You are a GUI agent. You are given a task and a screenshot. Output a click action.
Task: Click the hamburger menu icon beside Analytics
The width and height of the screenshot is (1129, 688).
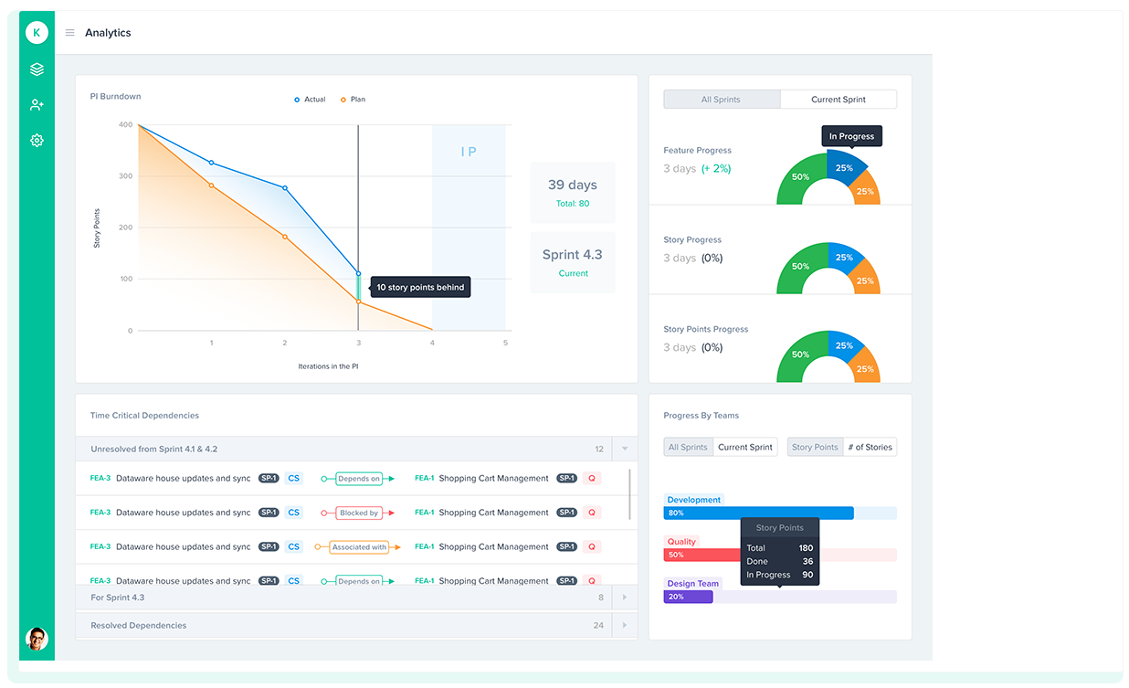coord(69,33)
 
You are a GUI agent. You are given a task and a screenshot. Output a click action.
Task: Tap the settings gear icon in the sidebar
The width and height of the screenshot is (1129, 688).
coord(37,141)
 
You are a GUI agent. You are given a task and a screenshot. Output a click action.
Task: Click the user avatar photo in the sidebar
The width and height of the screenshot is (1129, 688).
coord(37,639)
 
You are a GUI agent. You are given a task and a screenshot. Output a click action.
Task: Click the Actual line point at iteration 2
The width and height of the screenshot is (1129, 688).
coord(285,188)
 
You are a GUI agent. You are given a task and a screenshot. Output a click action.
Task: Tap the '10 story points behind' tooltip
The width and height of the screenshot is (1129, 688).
coord(420,288)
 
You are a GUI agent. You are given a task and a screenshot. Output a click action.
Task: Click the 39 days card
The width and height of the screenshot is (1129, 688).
coord(572,193)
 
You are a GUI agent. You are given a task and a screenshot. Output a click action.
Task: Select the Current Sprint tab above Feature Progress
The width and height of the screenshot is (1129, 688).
coord(838,100)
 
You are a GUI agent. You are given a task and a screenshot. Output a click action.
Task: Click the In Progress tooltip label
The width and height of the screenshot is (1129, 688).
coord(851,137)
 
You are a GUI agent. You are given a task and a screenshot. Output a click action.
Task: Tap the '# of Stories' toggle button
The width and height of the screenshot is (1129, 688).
coord(870,448)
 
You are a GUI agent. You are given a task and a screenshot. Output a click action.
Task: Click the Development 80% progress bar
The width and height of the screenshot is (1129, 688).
coord(758,513)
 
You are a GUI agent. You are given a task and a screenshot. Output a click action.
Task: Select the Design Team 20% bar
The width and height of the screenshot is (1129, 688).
coord(688,597)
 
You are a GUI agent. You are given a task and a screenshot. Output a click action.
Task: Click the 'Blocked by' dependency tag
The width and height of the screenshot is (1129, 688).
coord(358,513)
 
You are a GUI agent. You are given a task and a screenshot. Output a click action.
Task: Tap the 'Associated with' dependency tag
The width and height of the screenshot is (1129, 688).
coord(358,547)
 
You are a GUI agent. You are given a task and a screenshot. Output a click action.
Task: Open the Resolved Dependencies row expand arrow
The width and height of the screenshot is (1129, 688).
coord(625,626)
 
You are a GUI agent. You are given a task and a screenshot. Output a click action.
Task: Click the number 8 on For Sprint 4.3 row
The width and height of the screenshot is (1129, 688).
coord(601,598)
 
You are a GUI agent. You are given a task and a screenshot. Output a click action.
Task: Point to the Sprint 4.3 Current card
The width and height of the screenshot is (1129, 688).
coord(572,262)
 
